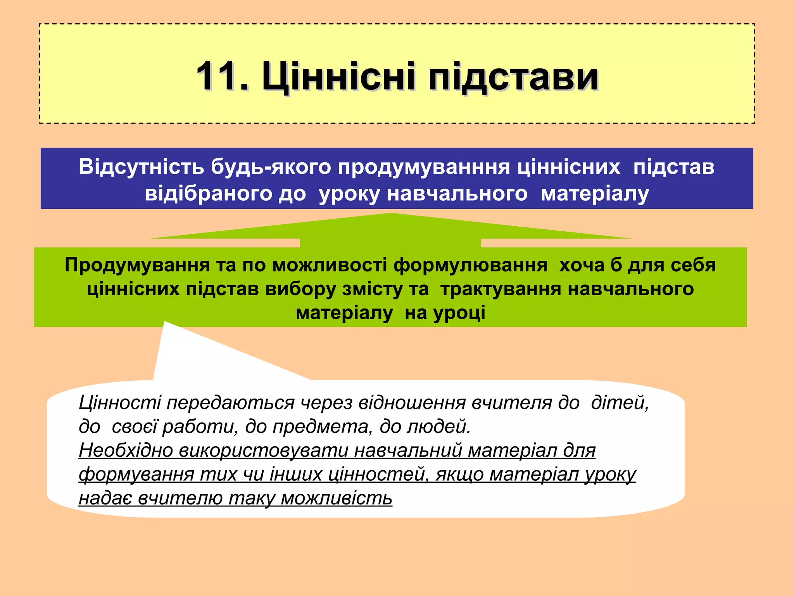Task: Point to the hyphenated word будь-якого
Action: point(271,167)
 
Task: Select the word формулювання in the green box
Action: point(470,265)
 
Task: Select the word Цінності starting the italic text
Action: point(120,402)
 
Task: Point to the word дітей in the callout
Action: point(620,402)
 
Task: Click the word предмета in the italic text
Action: point(320,426)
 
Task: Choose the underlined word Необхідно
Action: point(126,450)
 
